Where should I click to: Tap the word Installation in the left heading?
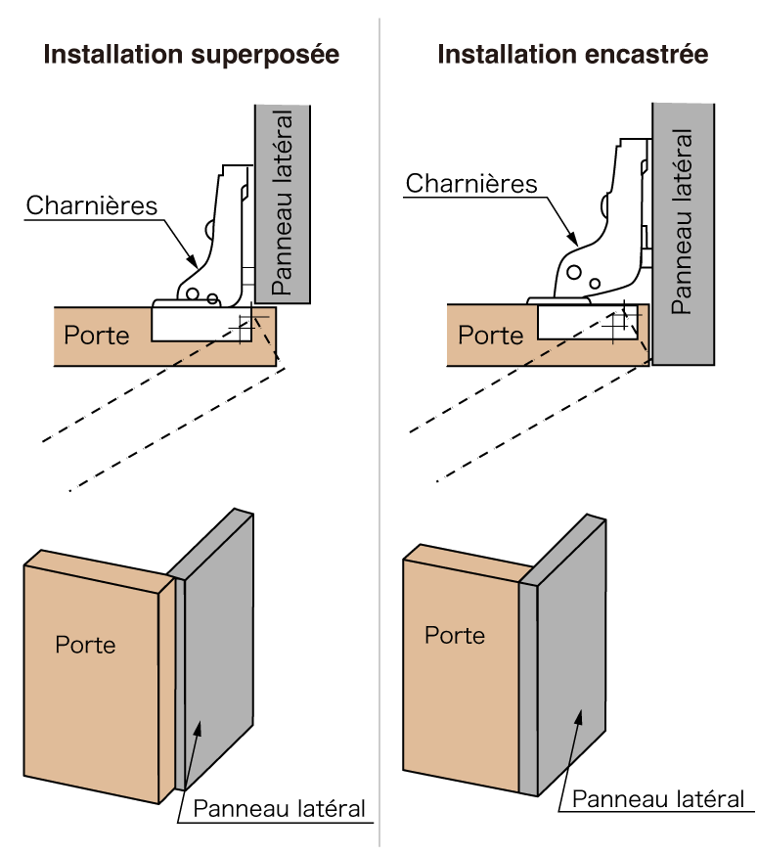pos(111,56)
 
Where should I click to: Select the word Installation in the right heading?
pos(505,56)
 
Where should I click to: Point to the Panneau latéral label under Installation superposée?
pos(283,203)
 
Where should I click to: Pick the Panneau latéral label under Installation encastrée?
pos(683,221)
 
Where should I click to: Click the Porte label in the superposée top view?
pos(96,336)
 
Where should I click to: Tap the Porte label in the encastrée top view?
pos(490,336)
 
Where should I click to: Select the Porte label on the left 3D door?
pos(85,646)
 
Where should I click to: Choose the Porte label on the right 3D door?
pos(454,636)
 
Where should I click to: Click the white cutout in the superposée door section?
pos(191,325)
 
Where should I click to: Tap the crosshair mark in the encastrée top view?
pos(615,324)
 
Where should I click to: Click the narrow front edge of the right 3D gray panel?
pos(528,690)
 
